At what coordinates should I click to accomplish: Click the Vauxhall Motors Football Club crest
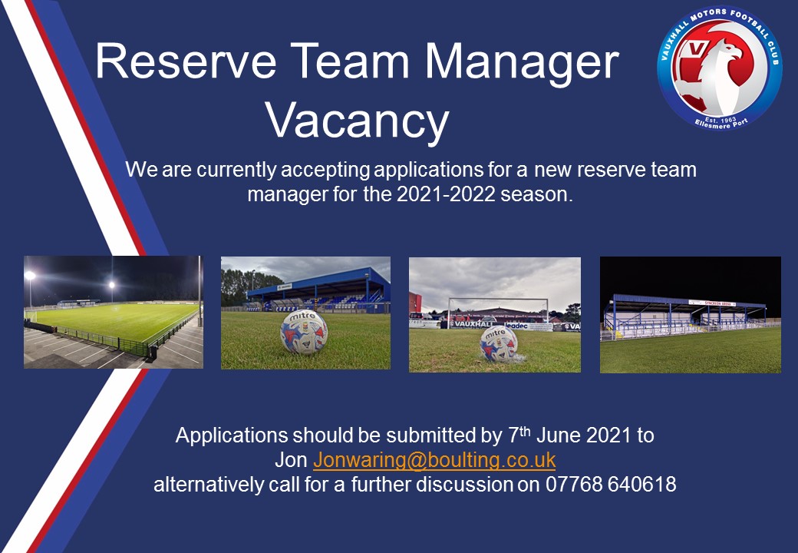coord(719,68)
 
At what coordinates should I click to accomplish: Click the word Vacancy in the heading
coord(357,121)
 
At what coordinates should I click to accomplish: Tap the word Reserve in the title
coord(186,61)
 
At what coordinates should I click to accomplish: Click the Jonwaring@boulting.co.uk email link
coord(434,460)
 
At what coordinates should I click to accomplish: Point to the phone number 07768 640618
coord(611,484)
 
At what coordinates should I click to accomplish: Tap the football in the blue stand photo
coord(305,332)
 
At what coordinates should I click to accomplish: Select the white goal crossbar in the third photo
coord(498,300)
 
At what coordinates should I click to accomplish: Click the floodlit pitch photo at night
coord(114,312)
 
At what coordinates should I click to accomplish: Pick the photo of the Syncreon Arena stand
coord(690,315)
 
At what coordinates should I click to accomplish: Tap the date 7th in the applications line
coord(519,435)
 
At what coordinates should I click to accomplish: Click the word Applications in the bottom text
coord(232,436)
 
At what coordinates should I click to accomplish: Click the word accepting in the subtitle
coord(325,170)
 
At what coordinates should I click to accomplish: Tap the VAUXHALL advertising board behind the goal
coord(472,324)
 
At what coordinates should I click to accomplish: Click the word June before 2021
coord(559,435)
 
